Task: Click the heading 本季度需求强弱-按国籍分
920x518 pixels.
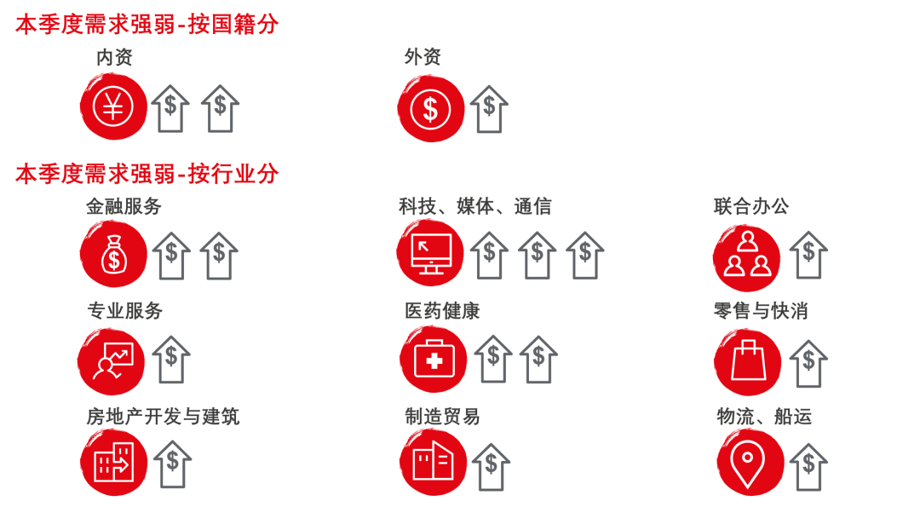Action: click(147, 25)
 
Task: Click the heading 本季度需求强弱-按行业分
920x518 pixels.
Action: click(147, 174)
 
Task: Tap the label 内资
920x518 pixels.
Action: click(114, 58)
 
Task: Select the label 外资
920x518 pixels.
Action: click(423, 58)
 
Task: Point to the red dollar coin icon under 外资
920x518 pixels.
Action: click(430, 109)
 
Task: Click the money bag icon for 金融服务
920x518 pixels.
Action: click(113, 255)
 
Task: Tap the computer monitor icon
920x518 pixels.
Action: click(430, 254)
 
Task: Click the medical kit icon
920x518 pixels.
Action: click(434, 360)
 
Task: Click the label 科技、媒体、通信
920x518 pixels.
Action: click(475, 206)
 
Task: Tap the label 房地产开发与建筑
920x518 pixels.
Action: click(163, 417)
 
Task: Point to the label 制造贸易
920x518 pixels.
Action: click(443, 417)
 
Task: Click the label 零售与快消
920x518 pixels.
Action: click(761, 312)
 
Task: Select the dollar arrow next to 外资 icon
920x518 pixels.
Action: click(489, 109)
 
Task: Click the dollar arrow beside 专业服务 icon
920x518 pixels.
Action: click(171, 360)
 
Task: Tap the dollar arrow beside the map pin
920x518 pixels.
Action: click(808, 466)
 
